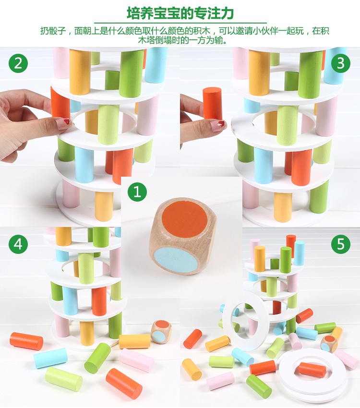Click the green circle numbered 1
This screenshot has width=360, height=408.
(x=137, y=192)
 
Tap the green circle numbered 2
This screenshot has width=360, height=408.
(x=18, y=63)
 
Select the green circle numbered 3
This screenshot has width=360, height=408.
(x=340, y=63)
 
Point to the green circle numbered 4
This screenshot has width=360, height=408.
(x=18, y=244)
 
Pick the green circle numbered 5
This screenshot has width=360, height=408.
(x=340, y=244)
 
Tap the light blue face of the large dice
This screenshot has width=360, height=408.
(x=176, y=260)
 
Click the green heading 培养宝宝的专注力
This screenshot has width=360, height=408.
(x=180, y=13)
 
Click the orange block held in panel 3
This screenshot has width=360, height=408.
(x=212, y=104)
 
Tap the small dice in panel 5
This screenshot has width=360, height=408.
(x=329, y=344)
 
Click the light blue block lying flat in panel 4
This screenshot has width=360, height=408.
(x=50, y=358)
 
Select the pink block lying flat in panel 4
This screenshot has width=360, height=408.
(x=137, y=360)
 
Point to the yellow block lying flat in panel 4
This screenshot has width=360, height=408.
(x=134, y=341)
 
